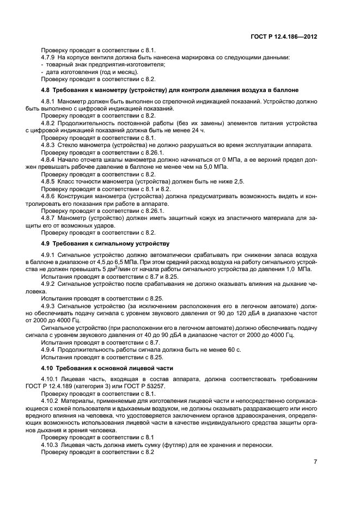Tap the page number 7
(x=315, y=462)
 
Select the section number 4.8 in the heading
(x=46, y=89)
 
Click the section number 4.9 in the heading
(x=46, y=243)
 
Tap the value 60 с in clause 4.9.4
(x=232, y=349)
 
